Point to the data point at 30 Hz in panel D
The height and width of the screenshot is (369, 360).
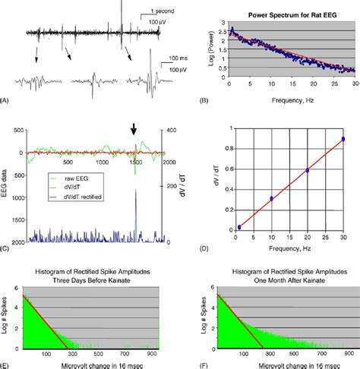point(343,139)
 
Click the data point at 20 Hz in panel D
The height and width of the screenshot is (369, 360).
point(307,171)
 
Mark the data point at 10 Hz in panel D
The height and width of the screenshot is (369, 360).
point(271,198)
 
